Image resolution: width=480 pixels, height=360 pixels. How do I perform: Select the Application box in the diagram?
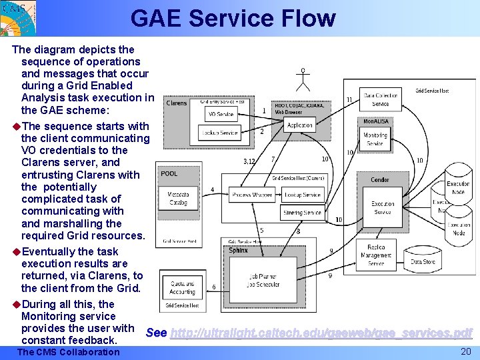pos(299,125)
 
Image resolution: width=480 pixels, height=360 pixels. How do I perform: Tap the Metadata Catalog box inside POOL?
pos(178,198)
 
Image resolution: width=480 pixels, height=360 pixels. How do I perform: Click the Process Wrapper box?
pos(252,195)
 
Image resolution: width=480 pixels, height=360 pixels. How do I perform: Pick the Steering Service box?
pos(302,213)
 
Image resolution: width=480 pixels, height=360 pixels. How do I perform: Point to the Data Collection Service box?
pos(381,99)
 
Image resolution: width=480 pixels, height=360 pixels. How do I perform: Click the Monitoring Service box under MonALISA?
pos(375,139)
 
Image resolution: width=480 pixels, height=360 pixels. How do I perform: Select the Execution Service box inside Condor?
pos(383,207)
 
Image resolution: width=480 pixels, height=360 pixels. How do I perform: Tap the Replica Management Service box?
pos(375,255)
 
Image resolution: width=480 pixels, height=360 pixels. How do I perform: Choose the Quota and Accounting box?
pos(182,287)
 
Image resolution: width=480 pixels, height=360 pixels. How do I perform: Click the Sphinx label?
pos(239,251)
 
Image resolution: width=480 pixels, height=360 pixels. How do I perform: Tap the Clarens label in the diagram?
pos(177,103)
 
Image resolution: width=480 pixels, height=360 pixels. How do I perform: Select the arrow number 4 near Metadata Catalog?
pos(212,190)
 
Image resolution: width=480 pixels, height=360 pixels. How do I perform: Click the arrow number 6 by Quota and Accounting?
pos(213,287)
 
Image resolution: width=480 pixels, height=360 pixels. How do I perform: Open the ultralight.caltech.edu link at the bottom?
pos(321,333)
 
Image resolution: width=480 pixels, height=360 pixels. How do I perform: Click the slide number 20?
pos(465,351)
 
